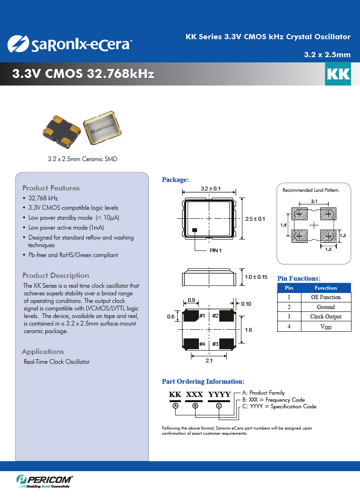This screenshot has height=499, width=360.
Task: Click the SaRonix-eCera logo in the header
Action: [70, 44]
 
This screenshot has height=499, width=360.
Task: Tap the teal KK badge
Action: [338, 74]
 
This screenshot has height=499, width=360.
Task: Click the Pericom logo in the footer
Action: [44, 481]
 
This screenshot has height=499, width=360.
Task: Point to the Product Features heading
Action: [51, 188]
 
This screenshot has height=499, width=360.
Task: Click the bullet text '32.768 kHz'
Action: [43, 198]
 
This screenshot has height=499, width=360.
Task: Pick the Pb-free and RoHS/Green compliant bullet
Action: [73, 255]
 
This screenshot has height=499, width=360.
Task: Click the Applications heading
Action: [43, 352]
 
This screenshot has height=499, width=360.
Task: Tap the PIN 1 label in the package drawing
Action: [215, 251]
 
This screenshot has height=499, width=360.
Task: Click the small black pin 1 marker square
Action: [195, 230]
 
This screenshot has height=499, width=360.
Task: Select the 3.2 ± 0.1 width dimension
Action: [210, 189]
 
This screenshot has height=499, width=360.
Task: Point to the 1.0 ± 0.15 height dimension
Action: [256, 277]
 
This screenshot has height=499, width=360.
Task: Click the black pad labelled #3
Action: [227, 344]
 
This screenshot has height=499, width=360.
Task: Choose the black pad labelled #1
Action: [191, 316]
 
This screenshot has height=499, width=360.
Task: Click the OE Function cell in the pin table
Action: [326, 297]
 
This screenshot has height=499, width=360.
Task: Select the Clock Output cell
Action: [326, 317]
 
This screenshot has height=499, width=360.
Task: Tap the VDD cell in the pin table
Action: [326, 327]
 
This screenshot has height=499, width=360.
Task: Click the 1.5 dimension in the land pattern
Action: [328, 249]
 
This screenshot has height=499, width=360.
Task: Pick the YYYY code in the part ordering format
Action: [219, 395]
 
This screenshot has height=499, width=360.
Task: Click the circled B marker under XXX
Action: [196, 406]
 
